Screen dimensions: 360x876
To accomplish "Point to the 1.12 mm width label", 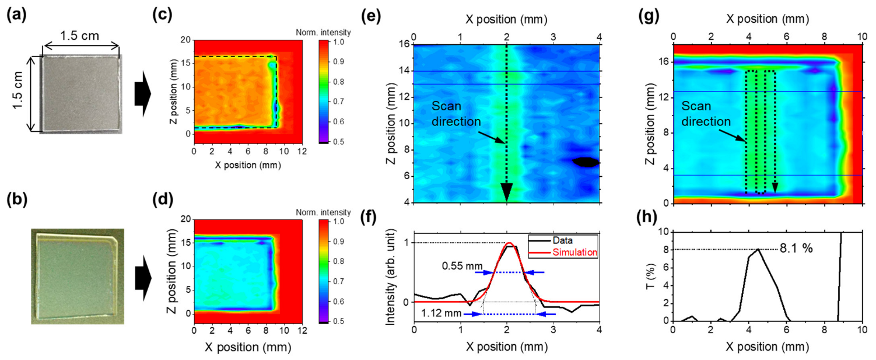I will click(441, 314).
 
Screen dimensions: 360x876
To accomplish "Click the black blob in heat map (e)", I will click(585, 162).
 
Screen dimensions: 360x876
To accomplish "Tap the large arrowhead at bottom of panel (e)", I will click(506, 192).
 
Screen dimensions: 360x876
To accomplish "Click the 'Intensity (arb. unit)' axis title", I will click(392, 275).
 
